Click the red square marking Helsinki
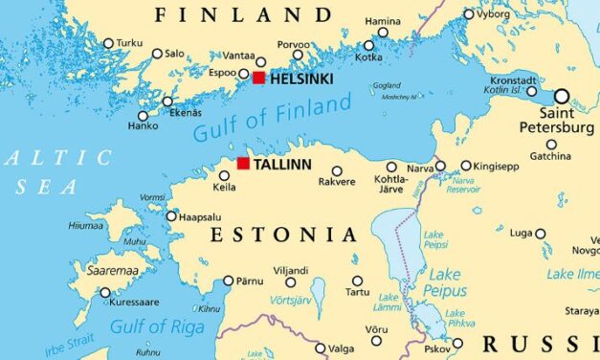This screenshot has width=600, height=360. click(x=258, y=78)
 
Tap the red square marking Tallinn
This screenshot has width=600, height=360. click(x=243, y=164)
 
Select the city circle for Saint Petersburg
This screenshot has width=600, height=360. click(x=561, y=96)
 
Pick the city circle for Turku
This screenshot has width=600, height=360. click(x=108, y=43)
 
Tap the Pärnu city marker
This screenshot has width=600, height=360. click(x=228, y=281)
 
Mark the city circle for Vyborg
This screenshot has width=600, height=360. click(x=468, y=14)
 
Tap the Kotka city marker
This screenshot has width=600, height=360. click(x=369, y=45)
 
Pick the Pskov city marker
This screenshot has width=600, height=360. click(x=457, y=343)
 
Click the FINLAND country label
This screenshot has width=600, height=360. click(x=243, y=14)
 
